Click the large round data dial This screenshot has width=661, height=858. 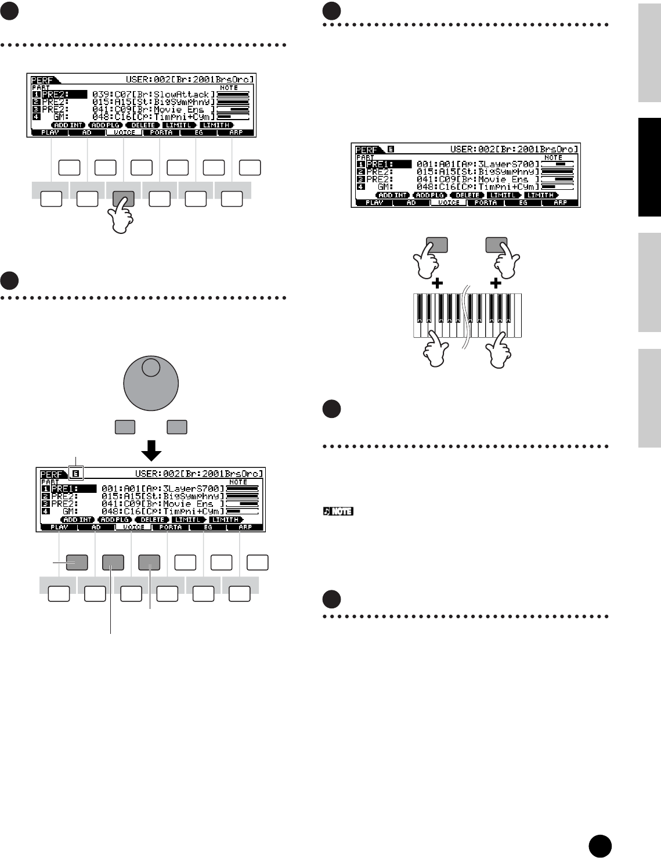[x=151, y=384]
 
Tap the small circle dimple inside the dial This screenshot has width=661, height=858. [x=150, y=366]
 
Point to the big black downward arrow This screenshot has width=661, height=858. [x=151, y=449]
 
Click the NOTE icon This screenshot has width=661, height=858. [x=338, y=511]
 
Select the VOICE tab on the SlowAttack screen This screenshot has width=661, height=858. [x=125, y=132]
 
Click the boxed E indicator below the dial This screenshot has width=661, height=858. [x=76, y=474]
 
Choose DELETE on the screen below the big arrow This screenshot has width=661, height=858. [x=153, y=520]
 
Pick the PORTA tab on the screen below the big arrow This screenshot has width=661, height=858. [x=171, y=527]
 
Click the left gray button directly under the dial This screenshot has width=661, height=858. [x=125, y=427]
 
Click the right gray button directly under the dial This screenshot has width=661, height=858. [x=176, y=427]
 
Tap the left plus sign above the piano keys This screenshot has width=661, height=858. [x=437, y=283]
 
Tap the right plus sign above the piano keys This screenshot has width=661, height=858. [x=496, y=283]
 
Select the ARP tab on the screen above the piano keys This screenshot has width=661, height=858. [x=560, y=203]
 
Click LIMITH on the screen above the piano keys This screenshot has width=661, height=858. [x=541, y=195]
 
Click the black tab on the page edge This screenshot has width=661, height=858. [x=649, y=167]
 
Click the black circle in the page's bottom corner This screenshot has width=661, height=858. [x=599, y=846]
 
